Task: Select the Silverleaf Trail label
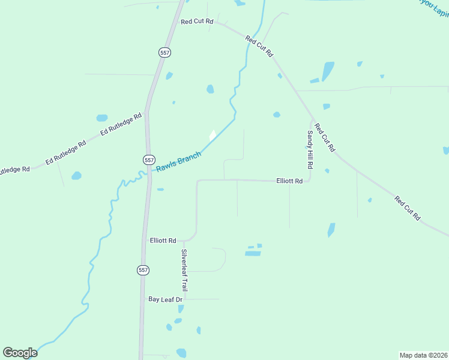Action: click(185, 270)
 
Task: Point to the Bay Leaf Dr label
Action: click(165, 299)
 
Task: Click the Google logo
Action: click(20, 353)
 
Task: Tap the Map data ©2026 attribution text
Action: click(423, 355)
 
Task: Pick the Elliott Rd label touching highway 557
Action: click(163, 240)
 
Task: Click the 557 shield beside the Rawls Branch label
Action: click(149, 160)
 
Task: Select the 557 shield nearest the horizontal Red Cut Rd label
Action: click(165, 53)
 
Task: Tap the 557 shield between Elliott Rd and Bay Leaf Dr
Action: click(143, 270)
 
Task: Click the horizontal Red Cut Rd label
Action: click(197, 22)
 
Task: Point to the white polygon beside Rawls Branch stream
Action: click(212, 136)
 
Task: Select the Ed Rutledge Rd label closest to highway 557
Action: click(121, 123)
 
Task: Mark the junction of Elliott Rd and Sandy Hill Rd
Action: click(310, 180)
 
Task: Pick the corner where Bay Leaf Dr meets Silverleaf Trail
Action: click(185, 299)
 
